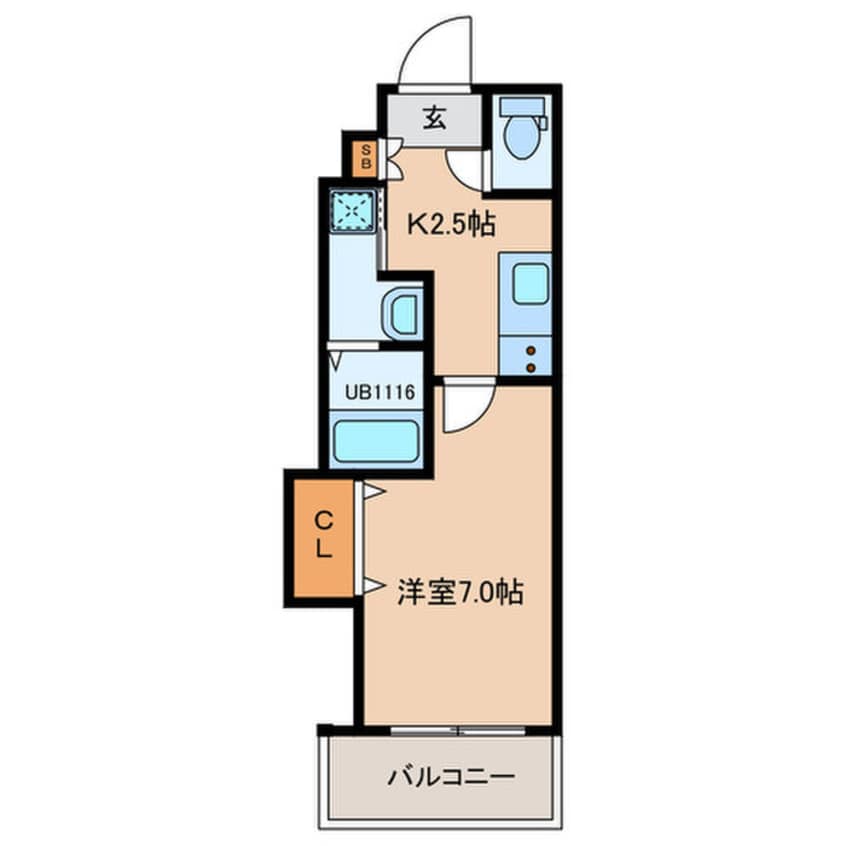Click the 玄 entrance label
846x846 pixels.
433,118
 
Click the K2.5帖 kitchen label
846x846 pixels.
449,226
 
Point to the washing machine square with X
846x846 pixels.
351,210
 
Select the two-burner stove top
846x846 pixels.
526,356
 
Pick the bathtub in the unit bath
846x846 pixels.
375,440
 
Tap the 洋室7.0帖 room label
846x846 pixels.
456,592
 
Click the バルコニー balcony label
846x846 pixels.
436,776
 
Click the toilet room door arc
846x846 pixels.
465,170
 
